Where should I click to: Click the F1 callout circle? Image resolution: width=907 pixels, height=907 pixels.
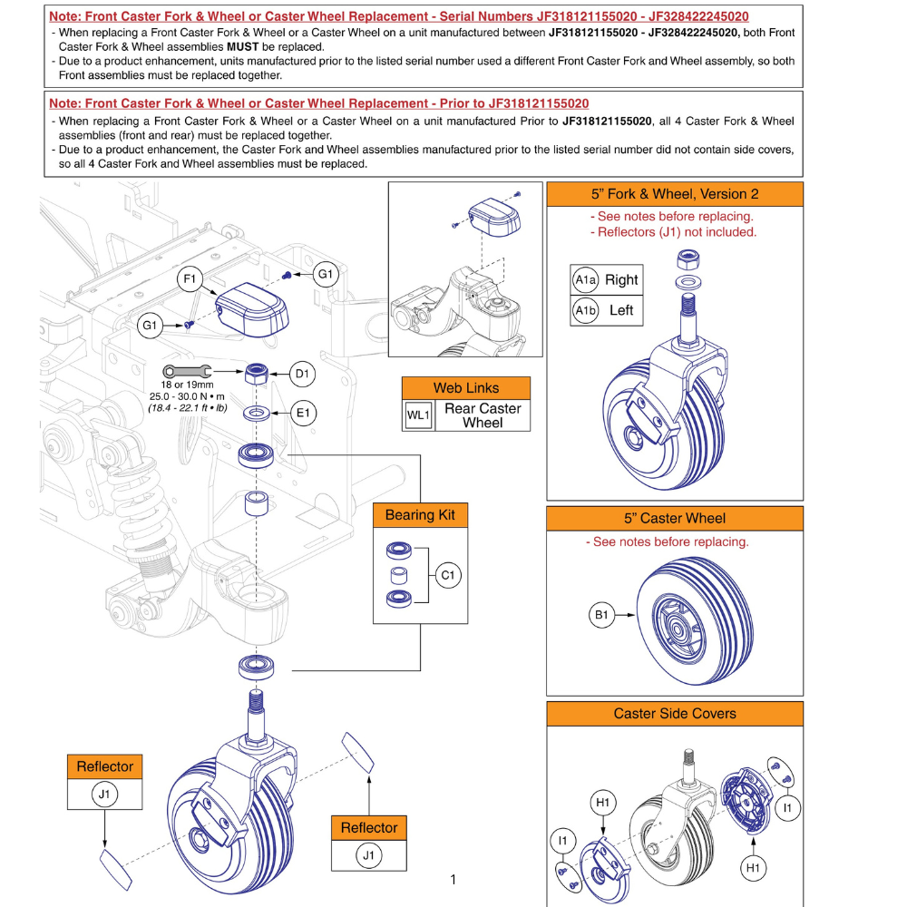(x=190, y=279)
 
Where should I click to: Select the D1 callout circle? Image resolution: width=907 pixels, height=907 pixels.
(x=303, y=373)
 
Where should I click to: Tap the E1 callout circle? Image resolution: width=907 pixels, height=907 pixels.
(x=303, y=414)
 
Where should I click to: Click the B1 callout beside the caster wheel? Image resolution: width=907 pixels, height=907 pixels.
(x=601, y=616)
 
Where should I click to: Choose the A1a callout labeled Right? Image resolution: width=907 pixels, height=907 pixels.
(x=585, y=280)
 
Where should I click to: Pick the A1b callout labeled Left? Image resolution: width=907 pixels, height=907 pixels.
(x=585, y=310)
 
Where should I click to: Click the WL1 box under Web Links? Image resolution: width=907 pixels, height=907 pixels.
(x=416, y=415)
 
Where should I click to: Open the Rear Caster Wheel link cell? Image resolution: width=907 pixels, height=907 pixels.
(x=482, y=415)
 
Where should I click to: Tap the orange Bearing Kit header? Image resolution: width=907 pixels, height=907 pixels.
(x=420, y=515)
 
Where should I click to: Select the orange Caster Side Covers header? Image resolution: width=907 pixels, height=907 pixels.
(x=674, y=714)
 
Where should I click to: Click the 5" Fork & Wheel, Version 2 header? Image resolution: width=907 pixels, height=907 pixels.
(x=674, y=194)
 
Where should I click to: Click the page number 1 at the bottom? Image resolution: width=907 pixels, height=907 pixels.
(x=453, y=879)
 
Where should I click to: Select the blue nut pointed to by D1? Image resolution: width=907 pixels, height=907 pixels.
(x=257, y=373)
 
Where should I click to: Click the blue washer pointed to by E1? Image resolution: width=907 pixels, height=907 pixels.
(x=257, y=414)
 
